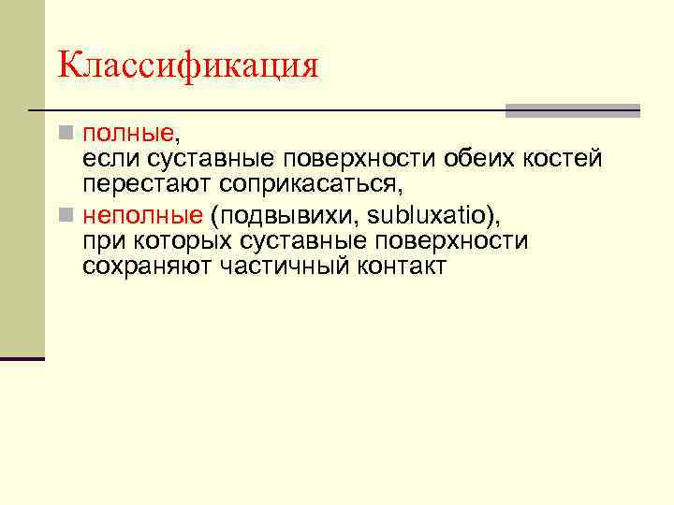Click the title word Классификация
[188, 65]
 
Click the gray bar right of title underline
[572, 110]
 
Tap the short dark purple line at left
[22, 358]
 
